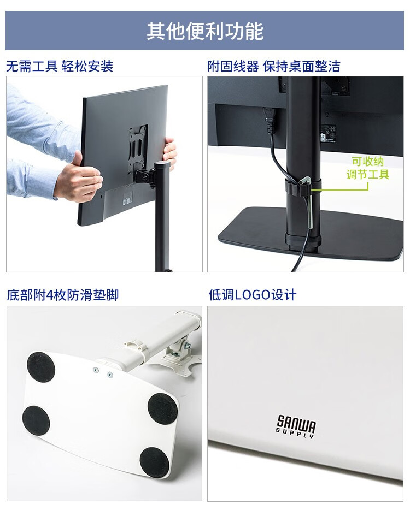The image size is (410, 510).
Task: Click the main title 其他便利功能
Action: (x=205, y=31)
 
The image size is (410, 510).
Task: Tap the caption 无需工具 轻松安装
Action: (x=60, y=67)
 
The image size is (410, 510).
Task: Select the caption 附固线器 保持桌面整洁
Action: (x=274, y=67)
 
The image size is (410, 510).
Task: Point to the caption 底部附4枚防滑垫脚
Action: (x=62, y=295)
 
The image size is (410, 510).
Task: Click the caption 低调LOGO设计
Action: (x=253, y=295)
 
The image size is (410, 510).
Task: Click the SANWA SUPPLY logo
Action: (x=296, y=426)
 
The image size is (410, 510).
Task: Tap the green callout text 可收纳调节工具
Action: (x=368, y=168)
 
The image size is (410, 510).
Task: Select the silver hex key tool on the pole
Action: (x=309, y=201)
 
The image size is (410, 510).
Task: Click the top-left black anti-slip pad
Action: (x=40, y=366)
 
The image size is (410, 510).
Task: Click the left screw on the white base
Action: (x=96, y=370)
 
